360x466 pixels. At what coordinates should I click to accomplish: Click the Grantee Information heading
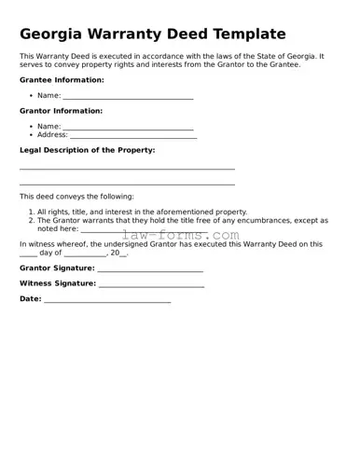click(x=62, y=80)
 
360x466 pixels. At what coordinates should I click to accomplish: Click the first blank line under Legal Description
click(x=127, y=169)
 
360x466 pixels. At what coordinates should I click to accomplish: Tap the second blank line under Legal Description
click(x=127, y=185)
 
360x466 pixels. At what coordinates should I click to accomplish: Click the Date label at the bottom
click(x=30, y=299)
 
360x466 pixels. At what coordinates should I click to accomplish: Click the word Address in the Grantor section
click(x=52, y=135)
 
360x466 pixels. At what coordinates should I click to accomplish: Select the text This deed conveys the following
click(x=76, y=197)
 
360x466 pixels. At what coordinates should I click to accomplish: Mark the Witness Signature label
click(x=57, y=283)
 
